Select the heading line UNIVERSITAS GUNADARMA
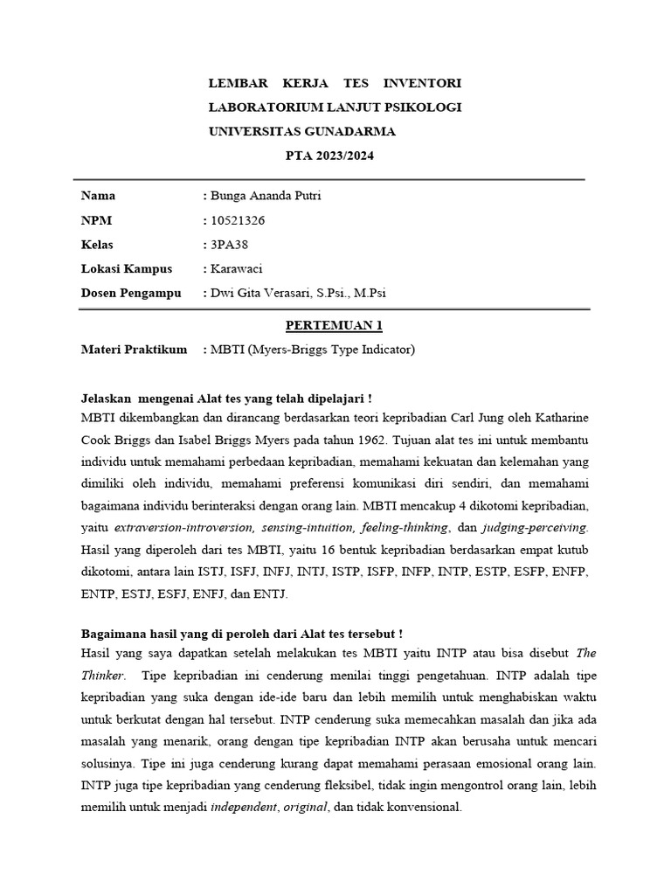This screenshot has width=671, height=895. (x=301, y=132)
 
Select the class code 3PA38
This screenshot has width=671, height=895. (x=228, y=245)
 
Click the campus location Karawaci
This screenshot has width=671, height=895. (x=237, y=269)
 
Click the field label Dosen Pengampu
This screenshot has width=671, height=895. (x=131, y=294)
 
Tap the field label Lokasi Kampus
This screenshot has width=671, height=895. (x=127, y=269)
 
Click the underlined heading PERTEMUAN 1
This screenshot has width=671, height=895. (x=335, y=326)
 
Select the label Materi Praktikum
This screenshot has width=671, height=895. (x=134, y=350)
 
